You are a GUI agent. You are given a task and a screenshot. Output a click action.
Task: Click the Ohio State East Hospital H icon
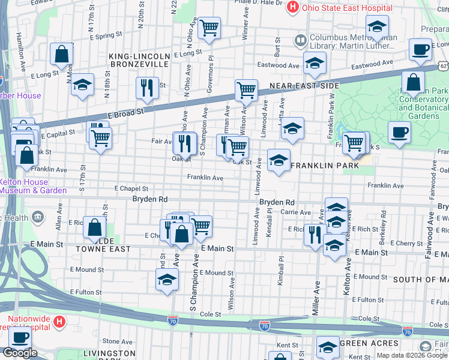tap(292, 8)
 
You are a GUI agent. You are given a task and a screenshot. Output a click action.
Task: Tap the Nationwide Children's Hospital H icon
tap(59, 322)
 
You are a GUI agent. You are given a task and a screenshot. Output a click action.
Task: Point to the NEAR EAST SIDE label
tap(304, 86)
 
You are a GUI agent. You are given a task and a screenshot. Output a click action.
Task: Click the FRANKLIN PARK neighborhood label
tap(325, 165)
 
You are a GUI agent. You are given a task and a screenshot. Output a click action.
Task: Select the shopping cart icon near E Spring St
tap(209, 28)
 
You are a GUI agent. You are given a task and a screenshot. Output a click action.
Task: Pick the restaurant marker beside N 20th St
tap(147, 88)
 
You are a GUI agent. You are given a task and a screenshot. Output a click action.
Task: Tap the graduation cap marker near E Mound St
tap(167, 280)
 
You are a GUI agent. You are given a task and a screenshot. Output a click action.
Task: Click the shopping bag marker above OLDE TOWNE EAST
tap(95, 227)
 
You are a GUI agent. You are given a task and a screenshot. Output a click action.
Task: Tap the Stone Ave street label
tap(113, 341)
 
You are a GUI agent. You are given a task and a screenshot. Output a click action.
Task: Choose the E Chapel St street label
tap(131, 188)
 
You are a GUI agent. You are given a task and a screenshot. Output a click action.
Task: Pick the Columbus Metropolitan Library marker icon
tap(300, 41)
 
